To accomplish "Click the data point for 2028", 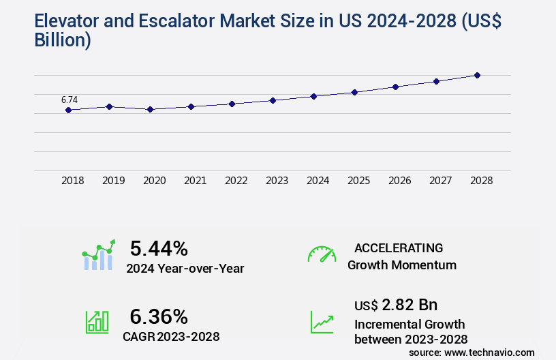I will pyautogui.click(x=477, y=75).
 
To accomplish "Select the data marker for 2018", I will pyautogui.click(x=68, y=110).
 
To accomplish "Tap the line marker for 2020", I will pyautogui.click(x=150, y=109).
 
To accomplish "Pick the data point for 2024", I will pyautogui.click(x=313, y=96).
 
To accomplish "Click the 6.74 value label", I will pyautogui.click(x=69, y=100).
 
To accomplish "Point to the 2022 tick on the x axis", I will pyautogui.click(x=236, y=181).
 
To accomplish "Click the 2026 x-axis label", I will pyautogui.click(x=399, y=181).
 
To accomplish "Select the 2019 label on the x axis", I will pyautogui.click(x=113, y=181).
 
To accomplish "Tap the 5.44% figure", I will pyautogui.click(x=159, y=247).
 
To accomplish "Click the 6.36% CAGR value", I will pyautogui.click(x=159, y=316).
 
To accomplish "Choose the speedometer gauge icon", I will pyautogui.click(x=322, y=254).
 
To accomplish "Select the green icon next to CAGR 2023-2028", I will pyautogui.click(x=97, y=322).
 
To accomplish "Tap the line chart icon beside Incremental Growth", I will pyautogui.click(x=322, y=322).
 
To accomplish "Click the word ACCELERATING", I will pyautogui.click(x=399, y=247).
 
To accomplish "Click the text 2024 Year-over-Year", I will pyautogui.click(x=185, y=269).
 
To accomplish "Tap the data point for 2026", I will pyautogui.click(x=395, y=87).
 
